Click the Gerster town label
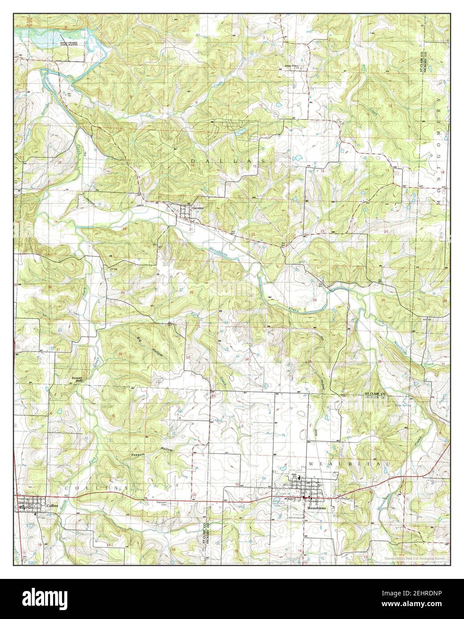point(197,208)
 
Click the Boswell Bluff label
point(78,379)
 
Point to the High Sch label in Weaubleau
point(294,475)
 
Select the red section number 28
point(192,292)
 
